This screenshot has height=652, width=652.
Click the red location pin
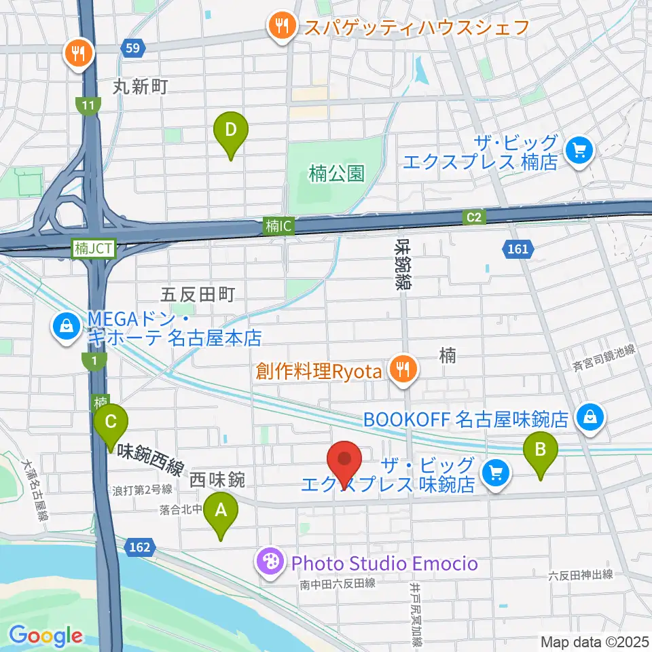(344, 462)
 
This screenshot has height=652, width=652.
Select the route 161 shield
(518, 249)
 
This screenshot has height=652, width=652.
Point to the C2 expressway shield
(474, 217)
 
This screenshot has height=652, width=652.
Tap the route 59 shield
(133, 48)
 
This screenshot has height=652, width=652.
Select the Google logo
(46, 636)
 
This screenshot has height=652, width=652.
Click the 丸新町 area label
(140, 86)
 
